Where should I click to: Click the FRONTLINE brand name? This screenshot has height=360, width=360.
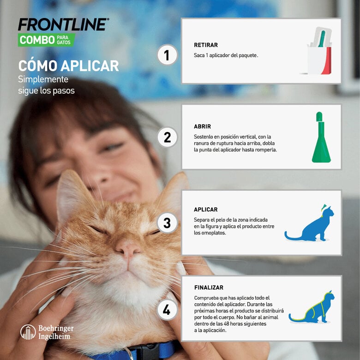[x=63, y=25]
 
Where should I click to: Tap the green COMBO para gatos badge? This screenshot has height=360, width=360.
[x=46, y=40]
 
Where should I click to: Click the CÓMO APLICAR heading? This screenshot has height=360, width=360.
[x=68, y=66]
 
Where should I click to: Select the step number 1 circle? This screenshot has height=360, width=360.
[x=167, y=55]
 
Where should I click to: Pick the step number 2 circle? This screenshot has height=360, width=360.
[x=167, y=137]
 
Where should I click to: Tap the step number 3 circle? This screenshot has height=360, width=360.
[x=167, y=223]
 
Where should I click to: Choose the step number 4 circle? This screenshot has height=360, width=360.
[x=167, y=310]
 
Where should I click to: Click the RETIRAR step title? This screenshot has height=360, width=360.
[x=206, y=45]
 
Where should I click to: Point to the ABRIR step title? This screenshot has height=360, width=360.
[x=203, y=126]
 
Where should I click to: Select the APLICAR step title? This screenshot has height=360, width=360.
[x=206, y=210]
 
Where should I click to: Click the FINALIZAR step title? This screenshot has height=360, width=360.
[x=209, y=288]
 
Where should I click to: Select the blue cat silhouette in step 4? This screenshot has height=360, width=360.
[x=313, y=307]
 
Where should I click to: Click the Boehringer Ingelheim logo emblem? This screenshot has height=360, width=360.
[x=28, y=332]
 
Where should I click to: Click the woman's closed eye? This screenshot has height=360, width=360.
[x=112, y=147]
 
